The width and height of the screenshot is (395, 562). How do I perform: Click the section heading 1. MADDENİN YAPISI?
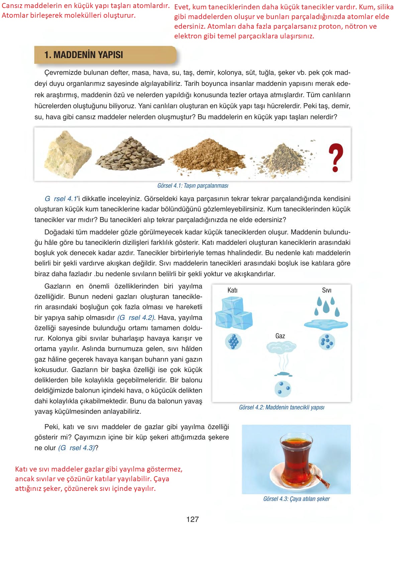click(x=84, y=55)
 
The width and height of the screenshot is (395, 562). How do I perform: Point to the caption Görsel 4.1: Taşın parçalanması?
click(x=193, y=186)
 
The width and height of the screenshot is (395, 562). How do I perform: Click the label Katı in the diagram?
click(x=232, y=290)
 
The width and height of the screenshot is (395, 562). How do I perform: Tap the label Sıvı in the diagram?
click(x=326, y=290)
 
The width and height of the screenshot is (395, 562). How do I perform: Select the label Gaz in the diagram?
click(x=280, y=336)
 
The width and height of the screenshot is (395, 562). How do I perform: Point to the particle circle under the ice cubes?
click(x=233, y=342)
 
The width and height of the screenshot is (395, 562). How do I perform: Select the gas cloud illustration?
click(x=281, y=348)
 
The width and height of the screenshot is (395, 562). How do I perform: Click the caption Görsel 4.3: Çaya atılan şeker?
click(x=296, y=499)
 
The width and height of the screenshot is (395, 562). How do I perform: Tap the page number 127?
click(x=193, y=519)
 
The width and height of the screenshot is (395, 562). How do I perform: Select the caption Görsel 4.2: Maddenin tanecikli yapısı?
click(x=282, y=407)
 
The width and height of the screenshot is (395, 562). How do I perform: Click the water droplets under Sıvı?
click(x=327, y=307)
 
